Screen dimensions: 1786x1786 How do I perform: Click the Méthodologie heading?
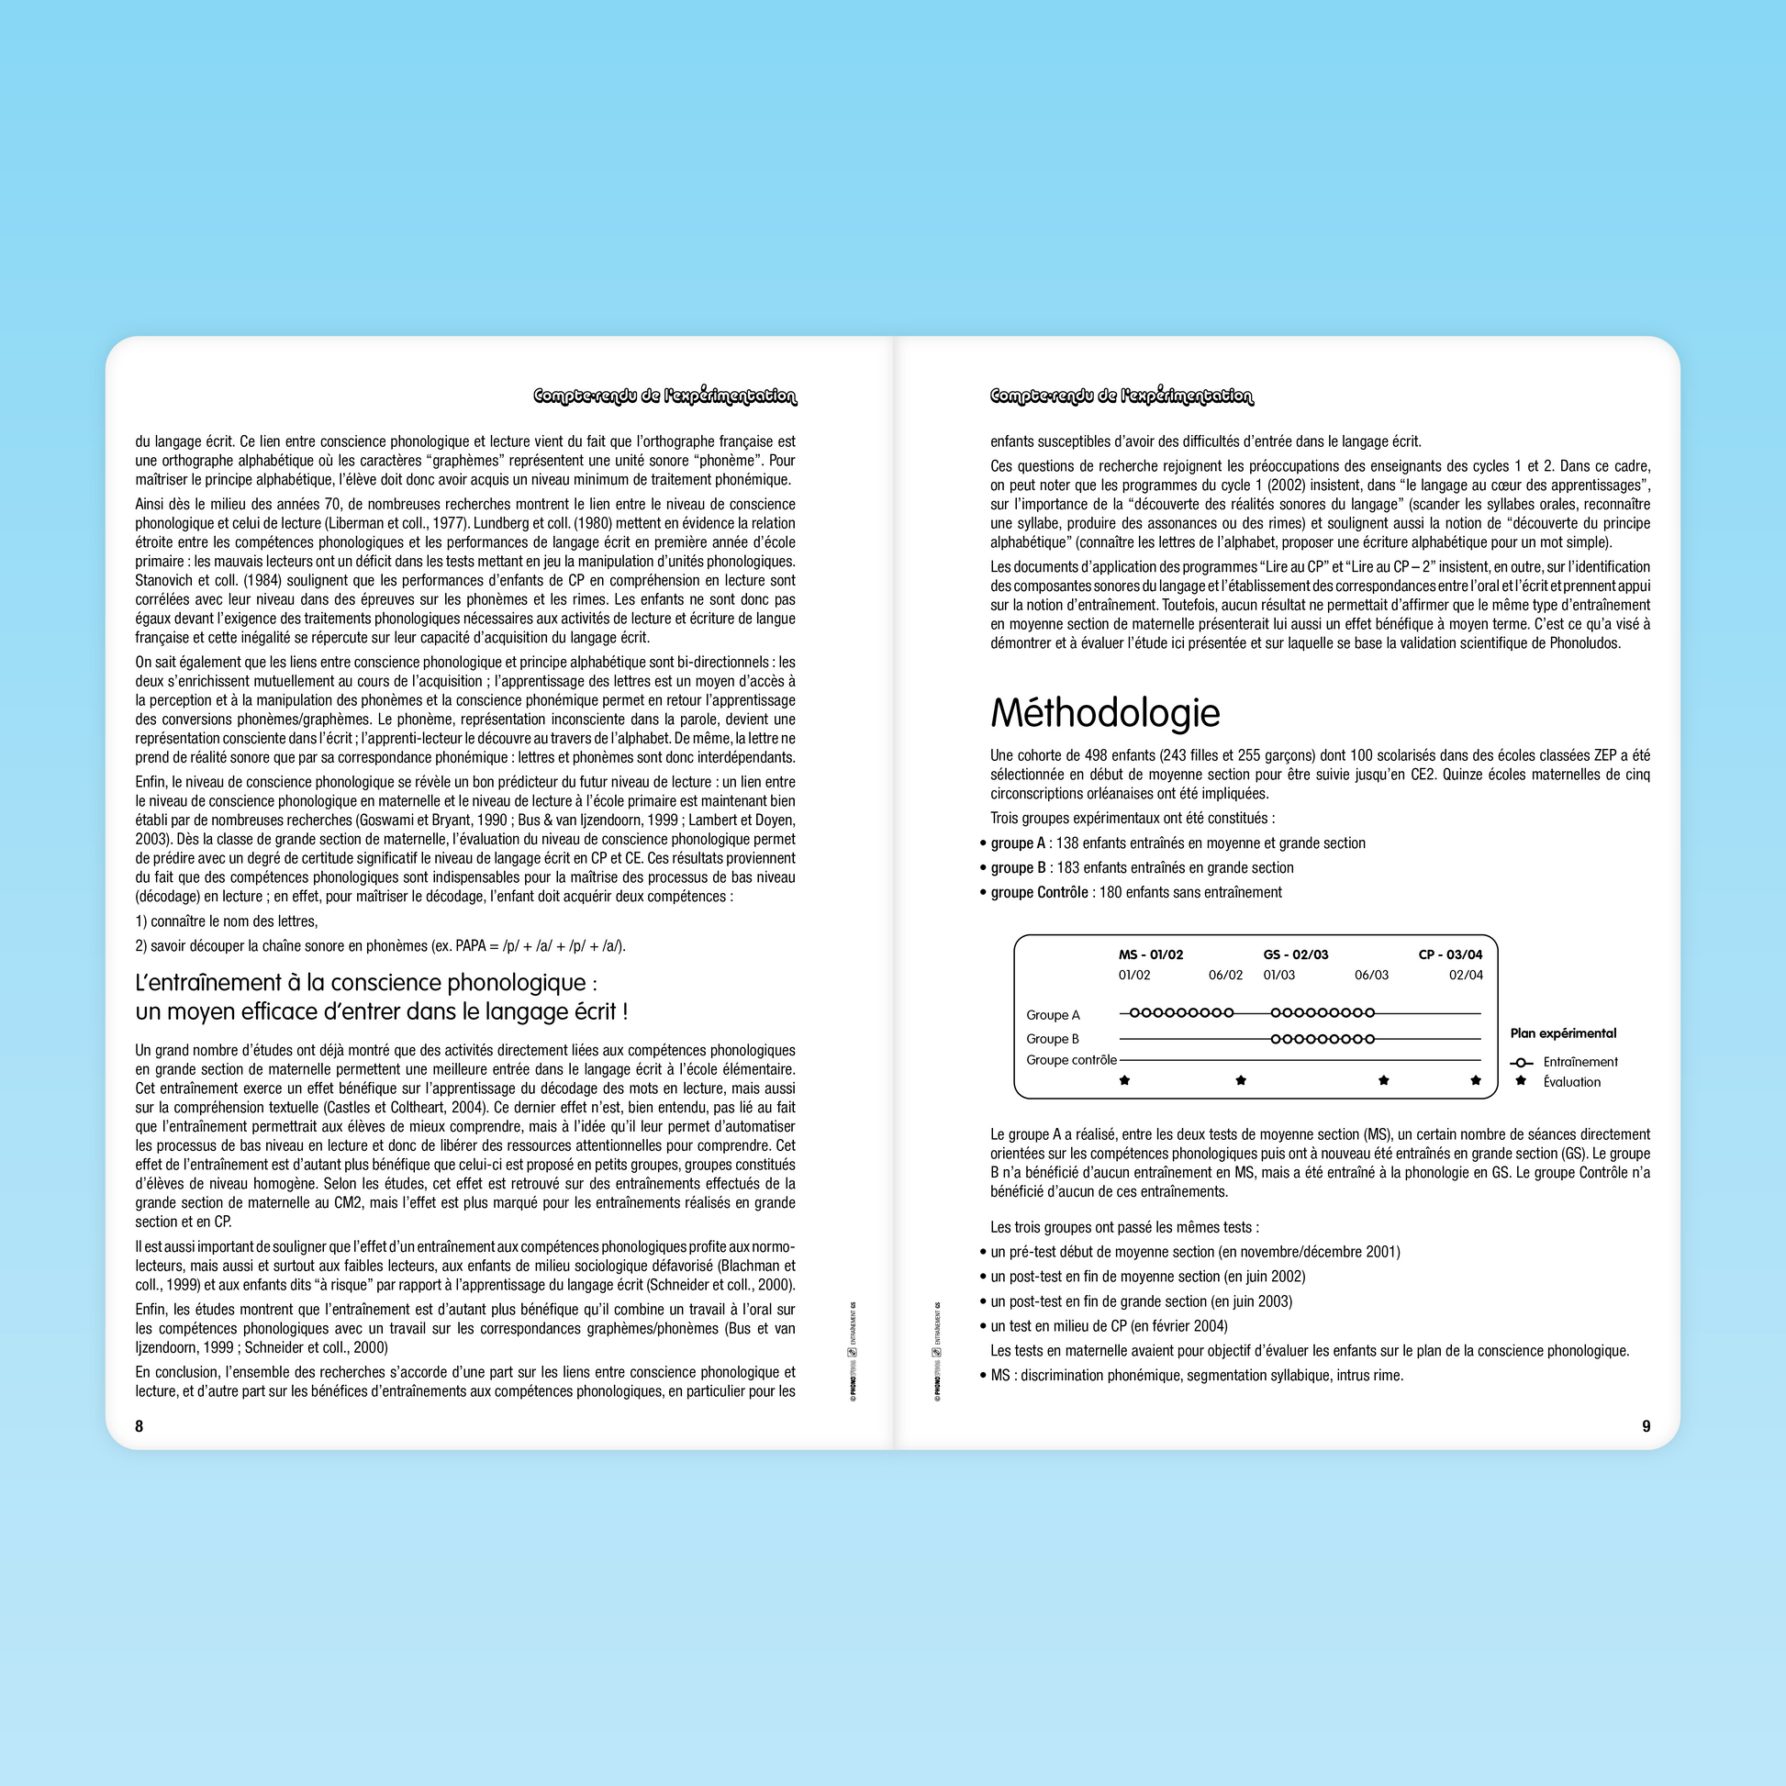[1105, 713]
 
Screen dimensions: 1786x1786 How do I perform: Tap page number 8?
[140, 1426]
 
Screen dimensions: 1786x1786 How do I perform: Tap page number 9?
[1646, 1426]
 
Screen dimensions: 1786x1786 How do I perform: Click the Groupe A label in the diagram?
[1053, 1015]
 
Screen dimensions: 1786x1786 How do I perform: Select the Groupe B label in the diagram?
[1052, 1039]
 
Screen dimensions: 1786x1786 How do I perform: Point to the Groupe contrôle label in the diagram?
[1071, 1060]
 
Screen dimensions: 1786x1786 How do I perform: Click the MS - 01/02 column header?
[1150, 954]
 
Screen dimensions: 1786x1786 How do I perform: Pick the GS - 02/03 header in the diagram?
[1295, 954]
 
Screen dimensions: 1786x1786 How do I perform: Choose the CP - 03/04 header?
[1450, 954]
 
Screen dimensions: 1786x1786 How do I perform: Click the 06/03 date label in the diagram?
[1372, 976]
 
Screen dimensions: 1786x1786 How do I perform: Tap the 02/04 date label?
[1465, 976]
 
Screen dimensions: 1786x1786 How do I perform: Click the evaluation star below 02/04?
[1476, 1079]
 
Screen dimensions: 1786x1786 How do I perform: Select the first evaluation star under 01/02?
[1125, 1079]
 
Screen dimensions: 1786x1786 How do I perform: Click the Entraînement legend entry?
[1579, 1062]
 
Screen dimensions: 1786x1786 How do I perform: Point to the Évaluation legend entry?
[1571, 1082]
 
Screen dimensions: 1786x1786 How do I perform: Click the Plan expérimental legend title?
[1563, 1033]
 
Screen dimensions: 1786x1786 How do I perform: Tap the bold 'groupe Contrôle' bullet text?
[1039, 892]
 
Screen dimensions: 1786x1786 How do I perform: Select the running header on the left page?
[664, 396]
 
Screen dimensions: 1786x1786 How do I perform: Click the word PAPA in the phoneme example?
[472, 945]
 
